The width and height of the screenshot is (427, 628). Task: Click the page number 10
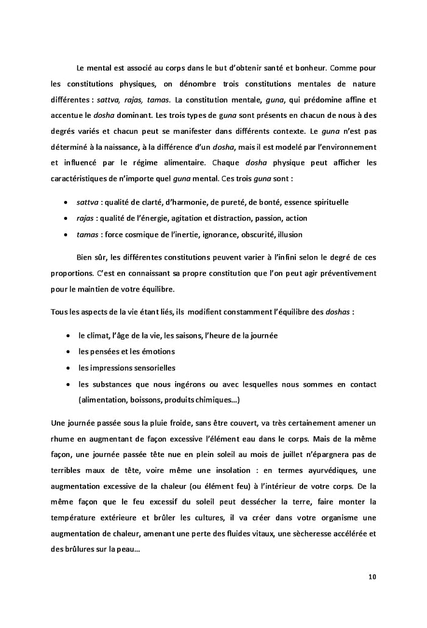[x=372, y=576]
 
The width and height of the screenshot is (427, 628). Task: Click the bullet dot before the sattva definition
[x=66, y=202]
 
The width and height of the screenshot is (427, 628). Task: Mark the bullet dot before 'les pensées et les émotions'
[x=66, y=352]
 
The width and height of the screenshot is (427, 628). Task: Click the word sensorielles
[x=152, y=368]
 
